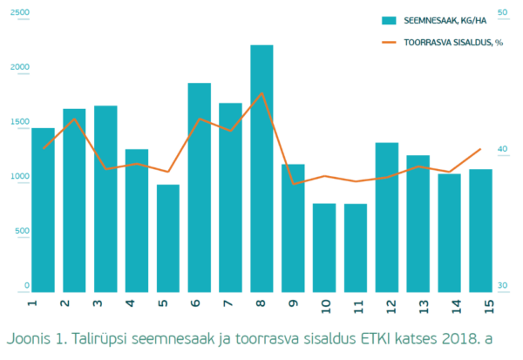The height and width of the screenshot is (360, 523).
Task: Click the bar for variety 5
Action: (168, 239)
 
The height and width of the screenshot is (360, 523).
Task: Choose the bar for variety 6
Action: (200, 188)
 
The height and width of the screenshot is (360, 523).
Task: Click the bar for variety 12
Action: (387, 218)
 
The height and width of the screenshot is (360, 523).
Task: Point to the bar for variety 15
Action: (480, 231)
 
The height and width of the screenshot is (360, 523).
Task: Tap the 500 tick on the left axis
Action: (21, 231)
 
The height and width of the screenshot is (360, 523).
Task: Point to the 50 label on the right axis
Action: (502, 12)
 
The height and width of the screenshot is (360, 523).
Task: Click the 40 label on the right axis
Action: (502, 150)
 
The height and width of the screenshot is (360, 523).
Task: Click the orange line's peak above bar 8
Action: (261, 92)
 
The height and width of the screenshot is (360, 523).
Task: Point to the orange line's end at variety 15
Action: (480, 149)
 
